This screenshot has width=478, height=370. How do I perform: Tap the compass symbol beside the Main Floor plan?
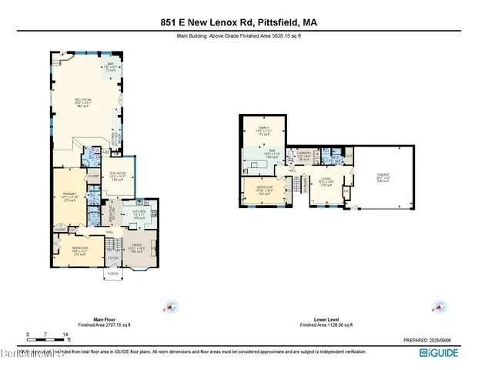[x=172, y=305]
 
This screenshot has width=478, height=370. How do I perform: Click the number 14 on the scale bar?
[x=68, y=334]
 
